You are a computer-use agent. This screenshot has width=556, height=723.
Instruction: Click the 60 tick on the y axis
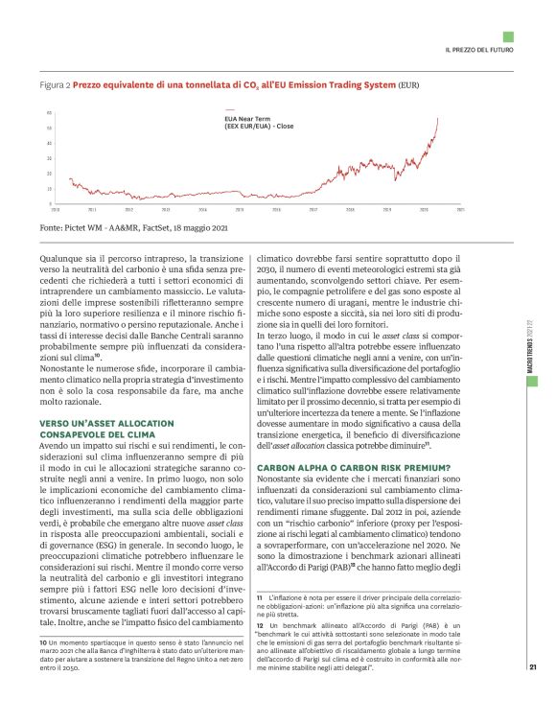(48, 114)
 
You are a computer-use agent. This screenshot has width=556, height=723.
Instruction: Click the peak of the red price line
(438, 118)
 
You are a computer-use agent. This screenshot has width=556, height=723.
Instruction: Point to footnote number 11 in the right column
(261, 597)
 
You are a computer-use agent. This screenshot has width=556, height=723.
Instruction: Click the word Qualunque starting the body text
(60, 258)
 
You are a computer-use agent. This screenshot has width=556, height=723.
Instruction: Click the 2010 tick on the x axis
(56, 208)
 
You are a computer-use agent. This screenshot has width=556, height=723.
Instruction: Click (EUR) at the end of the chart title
(409, 85)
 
